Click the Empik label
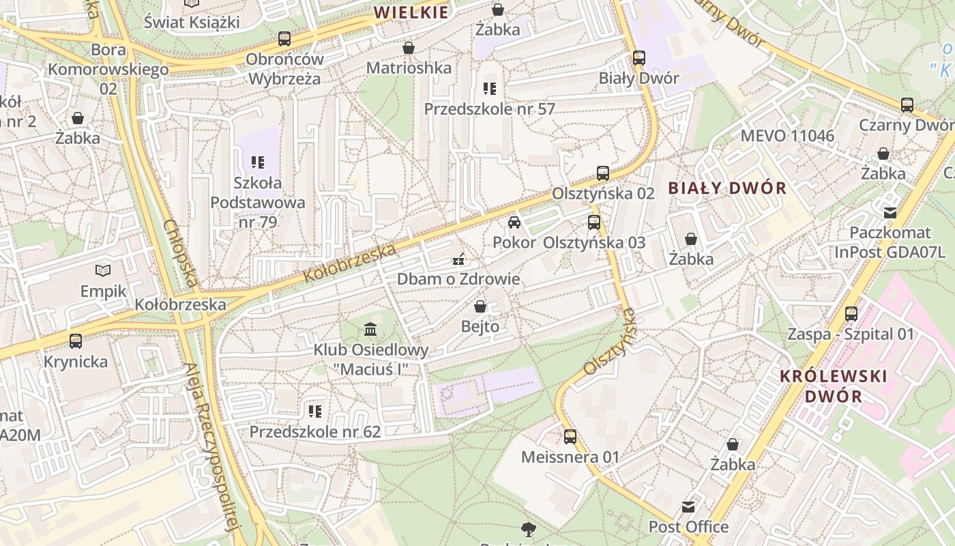coord(104,291)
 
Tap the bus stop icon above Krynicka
coord(76,341)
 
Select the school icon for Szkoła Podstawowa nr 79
coord(258,162)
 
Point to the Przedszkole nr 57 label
coord(489,109)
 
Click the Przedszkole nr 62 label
coord(314,432)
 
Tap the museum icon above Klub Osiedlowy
coord(370,330)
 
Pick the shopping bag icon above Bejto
coord(480,306)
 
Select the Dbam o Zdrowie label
coord(458,279)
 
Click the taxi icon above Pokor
coord(514,222)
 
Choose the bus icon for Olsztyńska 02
coord(603,173)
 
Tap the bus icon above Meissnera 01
coord(570,436)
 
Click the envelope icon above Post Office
coord(688,507)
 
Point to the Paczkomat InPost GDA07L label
coord(890,242)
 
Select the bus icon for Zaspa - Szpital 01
coord(851,314)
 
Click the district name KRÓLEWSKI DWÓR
coord(833,386)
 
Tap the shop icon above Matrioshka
coord(409,48)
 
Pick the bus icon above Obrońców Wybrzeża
coord(284,39)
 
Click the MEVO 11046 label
coord(787,135)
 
